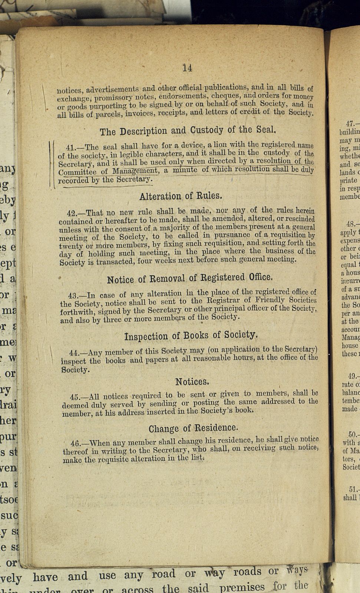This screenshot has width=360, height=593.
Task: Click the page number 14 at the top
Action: tap(187, 68)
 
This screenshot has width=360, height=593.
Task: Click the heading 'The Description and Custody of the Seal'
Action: tap(188, 130)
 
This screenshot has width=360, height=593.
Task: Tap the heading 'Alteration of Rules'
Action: tap(181, 196)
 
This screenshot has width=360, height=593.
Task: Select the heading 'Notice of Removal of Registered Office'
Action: tap(189, 268)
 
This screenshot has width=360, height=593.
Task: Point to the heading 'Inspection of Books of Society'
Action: tap(190, 336)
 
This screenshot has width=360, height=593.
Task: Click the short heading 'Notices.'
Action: tap(192, 381)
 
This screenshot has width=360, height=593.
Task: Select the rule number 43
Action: tap(74, 296)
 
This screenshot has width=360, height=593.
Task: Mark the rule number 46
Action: tap(76, 443)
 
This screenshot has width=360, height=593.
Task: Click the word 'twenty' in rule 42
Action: tap(71, 246)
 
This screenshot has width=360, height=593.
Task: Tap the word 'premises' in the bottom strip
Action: tap(242, 587)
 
